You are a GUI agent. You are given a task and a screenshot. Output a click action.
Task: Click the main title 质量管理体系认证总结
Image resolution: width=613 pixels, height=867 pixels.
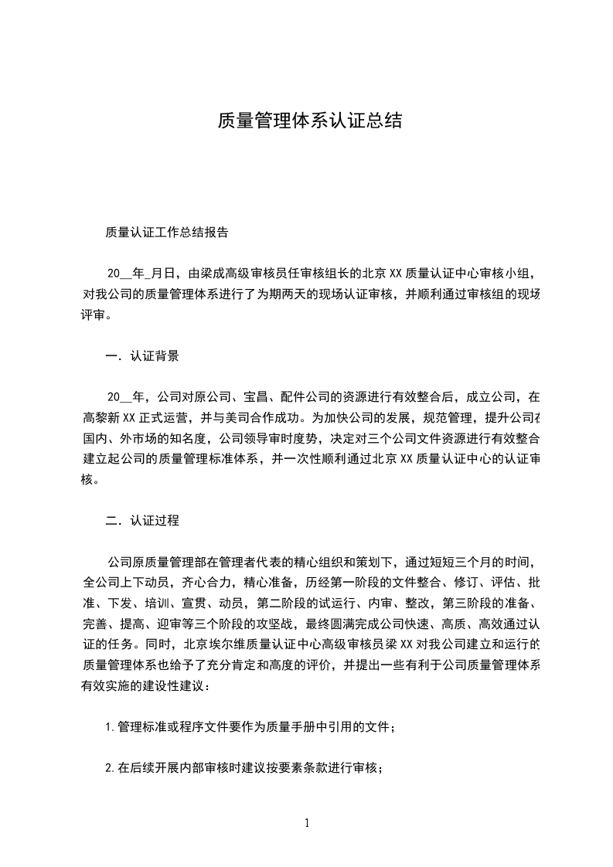point(309,121)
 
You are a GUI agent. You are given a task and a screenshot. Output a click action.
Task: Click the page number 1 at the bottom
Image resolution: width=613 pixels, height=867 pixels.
point(307,823)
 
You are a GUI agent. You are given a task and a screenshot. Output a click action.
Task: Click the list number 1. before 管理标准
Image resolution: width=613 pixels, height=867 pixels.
point(111,727)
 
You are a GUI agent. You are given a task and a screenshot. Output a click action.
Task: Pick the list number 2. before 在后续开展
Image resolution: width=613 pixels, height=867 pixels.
point(111,768)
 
